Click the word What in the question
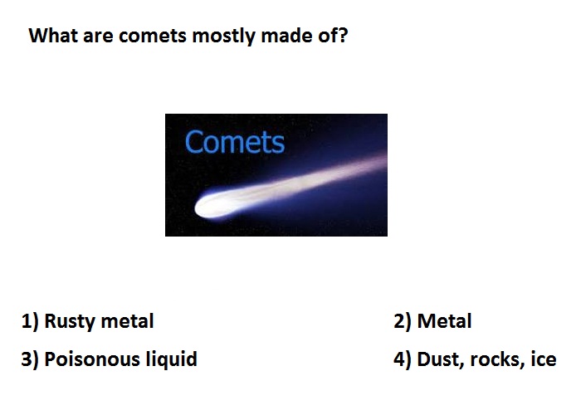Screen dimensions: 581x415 53,36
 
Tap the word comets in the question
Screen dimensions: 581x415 153,37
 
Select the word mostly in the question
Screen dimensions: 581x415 224,37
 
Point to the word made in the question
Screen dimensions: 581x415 285,36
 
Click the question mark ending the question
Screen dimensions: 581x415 342,35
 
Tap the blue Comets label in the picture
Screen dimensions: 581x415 235,142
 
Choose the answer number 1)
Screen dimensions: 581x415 30,321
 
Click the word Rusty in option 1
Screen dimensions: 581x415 69,322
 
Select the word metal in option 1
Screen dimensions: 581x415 127,321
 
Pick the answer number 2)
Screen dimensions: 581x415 403,321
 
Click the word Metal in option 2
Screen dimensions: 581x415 445,321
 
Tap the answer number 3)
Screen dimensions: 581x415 30,359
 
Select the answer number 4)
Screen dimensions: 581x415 403,359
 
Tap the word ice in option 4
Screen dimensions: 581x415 544,359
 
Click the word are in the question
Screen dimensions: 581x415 98,37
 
